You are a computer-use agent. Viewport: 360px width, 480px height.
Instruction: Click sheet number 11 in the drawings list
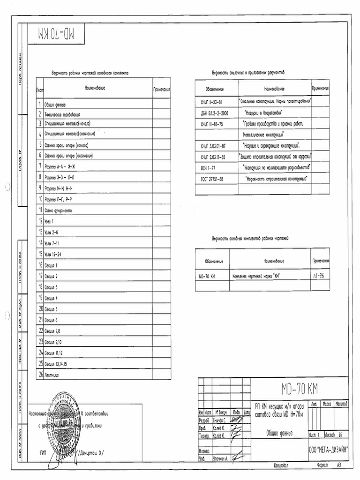click(41, 210)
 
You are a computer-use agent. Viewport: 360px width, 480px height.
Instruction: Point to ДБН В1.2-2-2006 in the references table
click(215, 113)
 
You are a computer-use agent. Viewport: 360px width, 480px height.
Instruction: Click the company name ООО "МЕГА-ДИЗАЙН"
click(328, 449)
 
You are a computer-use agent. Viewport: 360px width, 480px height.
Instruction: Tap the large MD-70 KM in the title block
click(300, 388)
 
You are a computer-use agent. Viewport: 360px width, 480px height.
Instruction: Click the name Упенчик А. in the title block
click(220, 459)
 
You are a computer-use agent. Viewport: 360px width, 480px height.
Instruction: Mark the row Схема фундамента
click(58, 210)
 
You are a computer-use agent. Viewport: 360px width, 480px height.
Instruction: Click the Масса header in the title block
click(324, 403)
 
